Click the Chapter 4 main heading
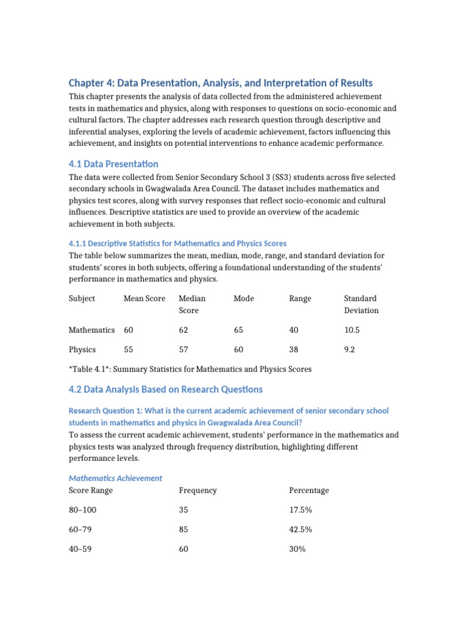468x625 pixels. tap(220, 83)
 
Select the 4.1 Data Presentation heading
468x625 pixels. tap(113, 164)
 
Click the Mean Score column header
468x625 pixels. tap(144, 298)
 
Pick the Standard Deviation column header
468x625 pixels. tap(361, 304)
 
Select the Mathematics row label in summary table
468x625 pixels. tap(91, 330)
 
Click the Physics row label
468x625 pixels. tap(82, 350)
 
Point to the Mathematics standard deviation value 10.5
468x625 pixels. tap(352, 330)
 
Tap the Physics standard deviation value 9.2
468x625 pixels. tap(349, 350)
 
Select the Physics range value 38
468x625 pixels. tap(294, 350)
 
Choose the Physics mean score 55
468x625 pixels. tap(129, 350)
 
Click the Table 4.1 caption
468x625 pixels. tap(190, 369)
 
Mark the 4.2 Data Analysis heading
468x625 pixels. tap(165, 389)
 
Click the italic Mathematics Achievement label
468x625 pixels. tap(115, 478)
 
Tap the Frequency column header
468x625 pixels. tap(197, 490)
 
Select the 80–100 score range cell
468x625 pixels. tap(82, 510)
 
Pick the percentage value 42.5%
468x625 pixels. tap(300, 529)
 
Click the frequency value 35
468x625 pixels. tap(183, 510)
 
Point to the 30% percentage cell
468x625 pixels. tap(297, 549)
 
